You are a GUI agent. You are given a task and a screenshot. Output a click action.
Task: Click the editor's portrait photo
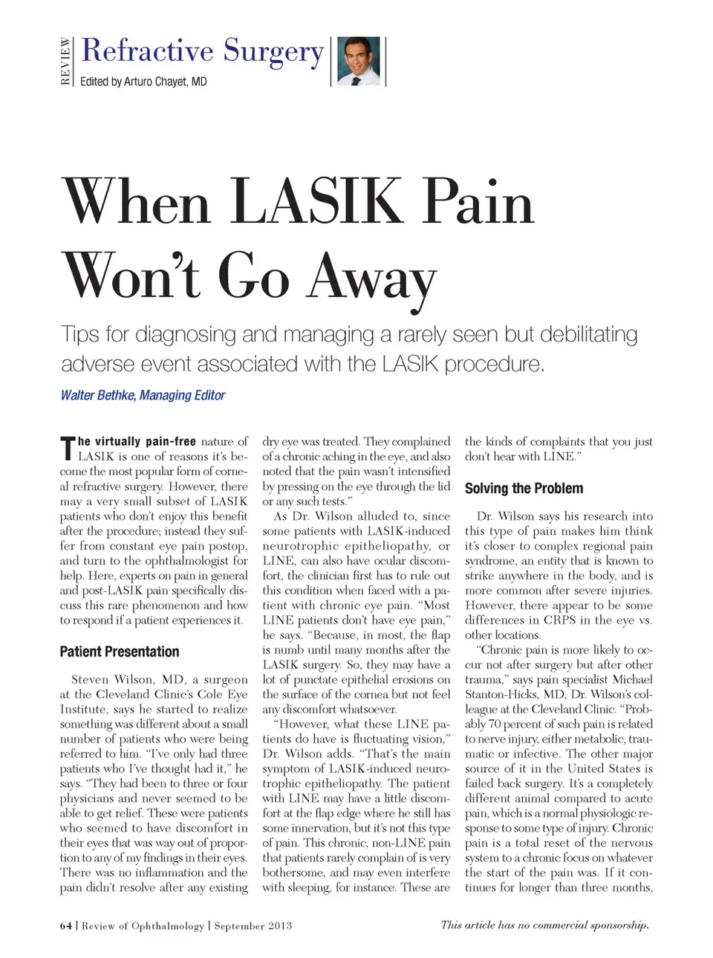359,61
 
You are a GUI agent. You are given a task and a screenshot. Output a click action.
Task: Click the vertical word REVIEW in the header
66,61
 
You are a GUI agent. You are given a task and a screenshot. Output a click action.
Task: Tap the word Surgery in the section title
273,51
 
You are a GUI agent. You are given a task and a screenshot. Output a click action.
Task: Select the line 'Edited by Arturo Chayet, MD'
143,82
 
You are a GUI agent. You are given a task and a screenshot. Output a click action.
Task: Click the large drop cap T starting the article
68,449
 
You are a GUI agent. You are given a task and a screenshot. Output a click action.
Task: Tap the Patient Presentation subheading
120,651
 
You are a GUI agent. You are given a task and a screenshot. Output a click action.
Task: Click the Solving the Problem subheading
524,488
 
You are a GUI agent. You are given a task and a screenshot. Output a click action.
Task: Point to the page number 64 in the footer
66,925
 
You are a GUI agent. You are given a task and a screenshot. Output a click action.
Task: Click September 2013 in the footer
253,925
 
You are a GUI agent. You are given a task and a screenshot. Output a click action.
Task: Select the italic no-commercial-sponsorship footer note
544,925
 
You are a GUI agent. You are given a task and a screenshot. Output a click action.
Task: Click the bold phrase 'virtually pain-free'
137,441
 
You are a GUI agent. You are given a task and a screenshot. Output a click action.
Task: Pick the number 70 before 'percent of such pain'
495,724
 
